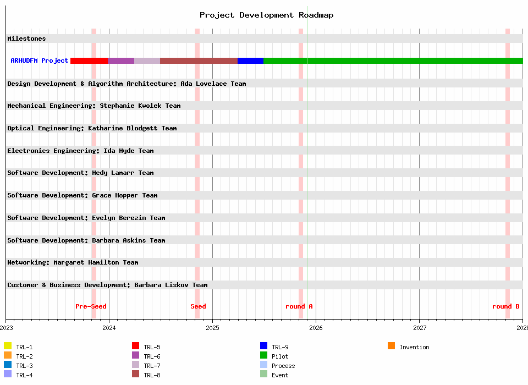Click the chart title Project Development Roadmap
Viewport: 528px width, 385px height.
tap(266, 15)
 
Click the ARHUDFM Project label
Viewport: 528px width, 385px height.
tap(40, 61)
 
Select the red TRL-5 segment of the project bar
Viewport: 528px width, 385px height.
tap(89, 61)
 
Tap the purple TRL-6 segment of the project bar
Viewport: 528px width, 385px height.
tap(121, 61)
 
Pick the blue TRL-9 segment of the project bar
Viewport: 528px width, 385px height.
tap(250, 61)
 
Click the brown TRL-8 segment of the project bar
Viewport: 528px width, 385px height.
tap(199, 61)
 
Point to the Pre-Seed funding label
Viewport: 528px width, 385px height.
tap(91, 306)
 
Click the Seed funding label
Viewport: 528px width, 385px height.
tap(198, 306)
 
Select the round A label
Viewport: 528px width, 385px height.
tap(299, 306)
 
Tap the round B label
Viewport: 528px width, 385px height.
tap(505, 306)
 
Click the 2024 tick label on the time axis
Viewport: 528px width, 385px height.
tap(109, 328)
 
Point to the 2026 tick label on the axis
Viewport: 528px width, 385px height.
tap(316, 328)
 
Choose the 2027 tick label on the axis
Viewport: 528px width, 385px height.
tap(419, 328)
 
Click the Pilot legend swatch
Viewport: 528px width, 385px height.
tap(264, 355)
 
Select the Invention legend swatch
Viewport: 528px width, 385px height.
tap(392, 346)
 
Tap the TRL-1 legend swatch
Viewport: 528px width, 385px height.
tap(8, 346)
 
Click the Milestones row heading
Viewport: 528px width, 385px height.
tap(26, 38)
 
